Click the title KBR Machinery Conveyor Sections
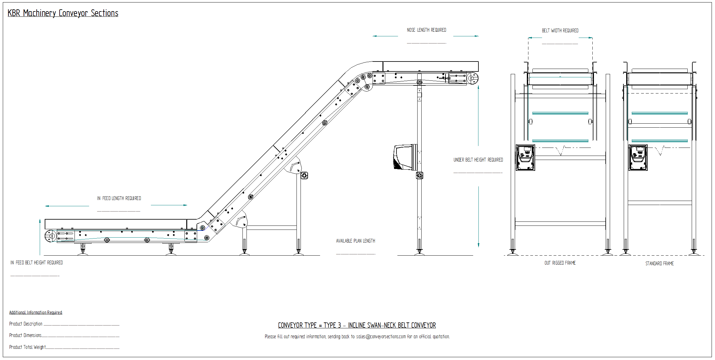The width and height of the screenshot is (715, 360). pos(63,13)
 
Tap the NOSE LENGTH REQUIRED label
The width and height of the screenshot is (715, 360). pos(427,30)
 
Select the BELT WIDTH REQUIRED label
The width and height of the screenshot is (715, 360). pos(560,31)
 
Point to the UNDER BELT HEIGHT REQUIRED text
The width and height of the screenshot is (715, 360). pos(478,160)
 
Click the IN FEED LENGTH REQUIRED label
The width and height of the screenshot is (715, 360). pos(119,198)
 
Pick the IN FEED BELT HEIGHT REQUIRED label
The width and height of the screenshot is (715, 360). pos(37,263)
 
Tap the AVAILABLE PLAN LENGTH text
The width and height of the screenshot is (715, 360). pos(355,241)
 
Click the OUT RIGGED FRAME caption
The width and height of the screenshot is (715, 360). pos(560,263)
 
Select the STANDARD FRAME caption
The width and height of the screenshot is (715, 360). pos(659,264)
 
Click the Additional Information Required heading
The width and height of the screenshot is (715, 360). pos(36,312)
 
